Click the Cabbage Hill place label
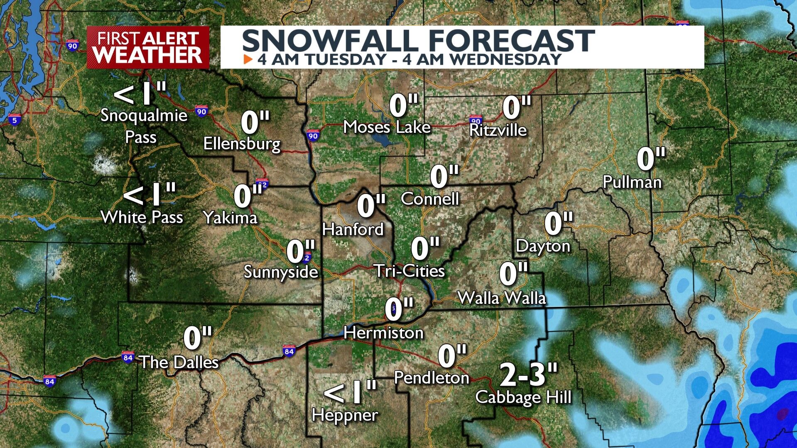click(523, 397)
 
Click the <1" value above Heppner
click(350, 392)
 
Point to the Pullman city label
click(632, 182)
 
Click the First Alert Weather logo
click(148, 47)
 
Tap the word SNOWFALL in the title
click(330, 41)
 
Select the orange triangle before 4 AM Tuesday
click(248, 59)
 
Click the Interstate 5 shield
click(15, 120)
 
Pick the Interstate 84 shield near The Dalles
click(128, 357)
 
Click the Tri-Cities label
click(410, 271)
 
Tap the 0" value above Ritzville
click(516, 107)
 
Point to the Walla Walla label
click(501, 298)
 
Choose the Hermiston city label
click(383, 333)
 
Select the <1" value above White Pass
click(150, 195)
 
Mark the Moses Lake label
click(387, 127)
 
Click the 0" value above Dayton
click(558, 223)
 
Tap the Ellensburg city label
click(242, 144)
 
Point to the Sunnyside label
click(281, 272)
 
